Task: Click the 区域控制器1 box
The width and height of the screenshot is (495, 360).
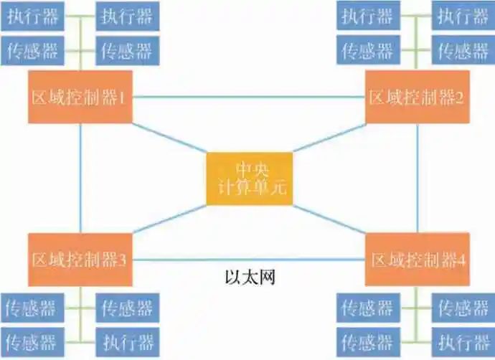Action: (x=80, y=97)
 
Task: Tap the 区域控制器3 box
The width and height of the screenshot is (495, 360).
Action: (x=80, y=260)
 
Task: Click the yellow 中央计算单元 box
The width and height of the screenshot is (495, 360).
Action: (x=249, y=179)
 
